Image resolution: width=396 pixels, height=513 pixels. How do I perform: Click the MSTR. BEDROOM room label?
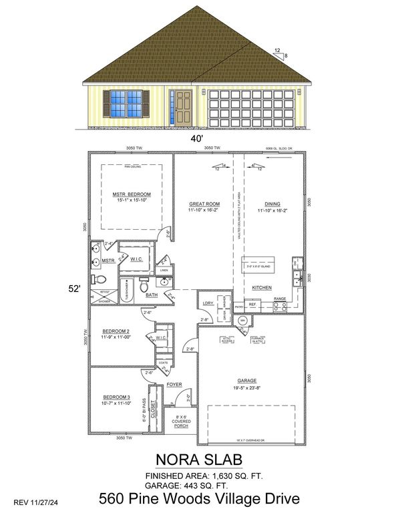coord(131,194)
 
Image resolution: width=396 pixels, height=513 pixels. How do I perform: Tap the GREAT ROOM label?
coord(204,204)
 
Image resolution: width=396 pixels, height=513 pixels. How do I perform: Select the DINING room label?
coord(272,204)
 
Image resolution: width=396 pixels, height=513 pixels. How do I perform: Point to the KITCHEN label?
coord(261,288)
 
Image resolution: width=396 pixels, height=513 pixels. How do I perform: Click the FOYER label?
coord(175,385)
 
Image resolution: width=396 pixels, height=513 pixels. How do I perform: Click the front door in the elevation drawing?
coord(181,108)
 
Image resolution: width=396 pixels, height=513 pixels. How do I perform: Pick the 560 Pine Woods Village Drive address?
coord(198,498)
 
